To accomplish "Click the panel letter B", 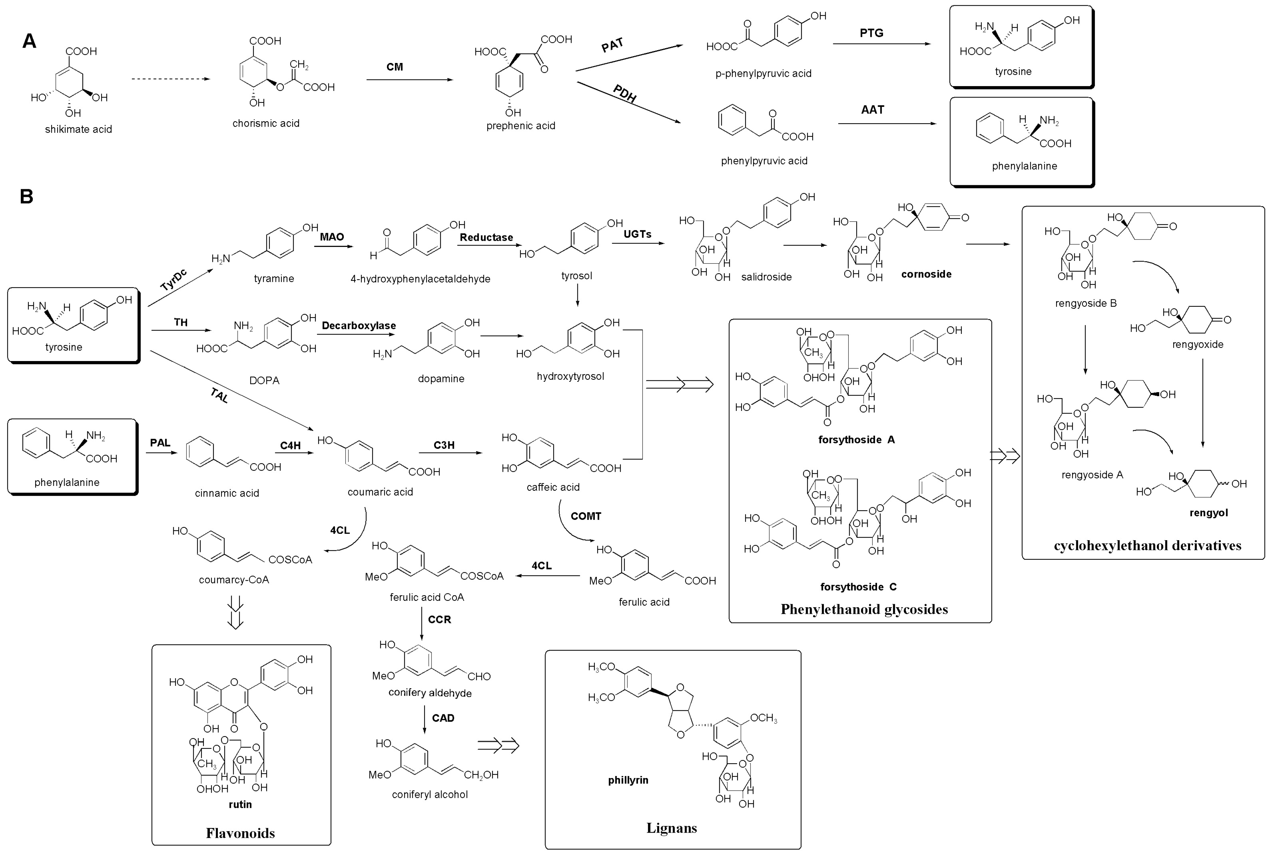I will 26,197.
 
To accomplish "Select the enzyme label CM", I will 395,67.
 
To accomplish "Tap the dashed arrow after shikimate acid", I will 170,79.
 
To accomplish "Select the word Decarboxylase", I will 359,326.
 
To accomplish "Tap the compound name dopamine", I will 441,379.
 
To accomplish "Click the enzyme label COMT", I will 585,516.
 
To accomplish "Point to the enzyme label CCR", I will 439,620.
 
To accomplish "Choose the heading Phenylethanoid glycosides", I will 864,609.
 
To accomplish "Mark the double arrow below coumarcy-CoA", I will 235,612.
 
